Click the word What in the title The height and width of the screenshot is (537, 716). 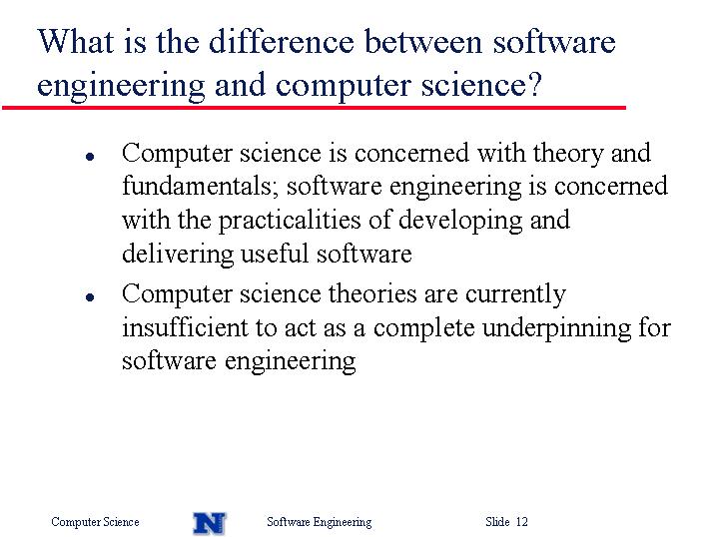coord(76,41)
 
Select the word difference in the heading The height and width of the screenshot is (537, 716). coord(282,41)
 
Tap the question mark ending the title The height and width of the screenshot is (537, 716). coord(534,84)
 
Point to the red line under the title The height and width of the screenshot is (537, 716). coord(314,108)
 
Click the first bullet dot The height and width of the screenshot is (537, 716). coord(90,157)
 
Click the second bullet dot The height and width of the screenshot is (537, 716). coord(90,297)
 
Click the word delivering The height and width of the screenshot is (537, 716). coord(178,255)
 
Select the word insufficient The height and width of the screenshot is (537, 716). coord(185,326)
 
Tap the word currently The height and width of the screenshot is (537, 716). coord(515,294)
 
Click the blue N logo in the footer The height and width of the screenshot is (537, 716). coord(210,523)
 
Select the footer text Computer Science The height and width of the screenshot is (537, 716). coord(95,522)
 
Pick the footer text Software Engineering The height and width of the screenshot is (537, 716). coord(320,522)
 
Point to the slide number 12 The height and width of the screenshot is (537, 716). coord(521,521)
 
